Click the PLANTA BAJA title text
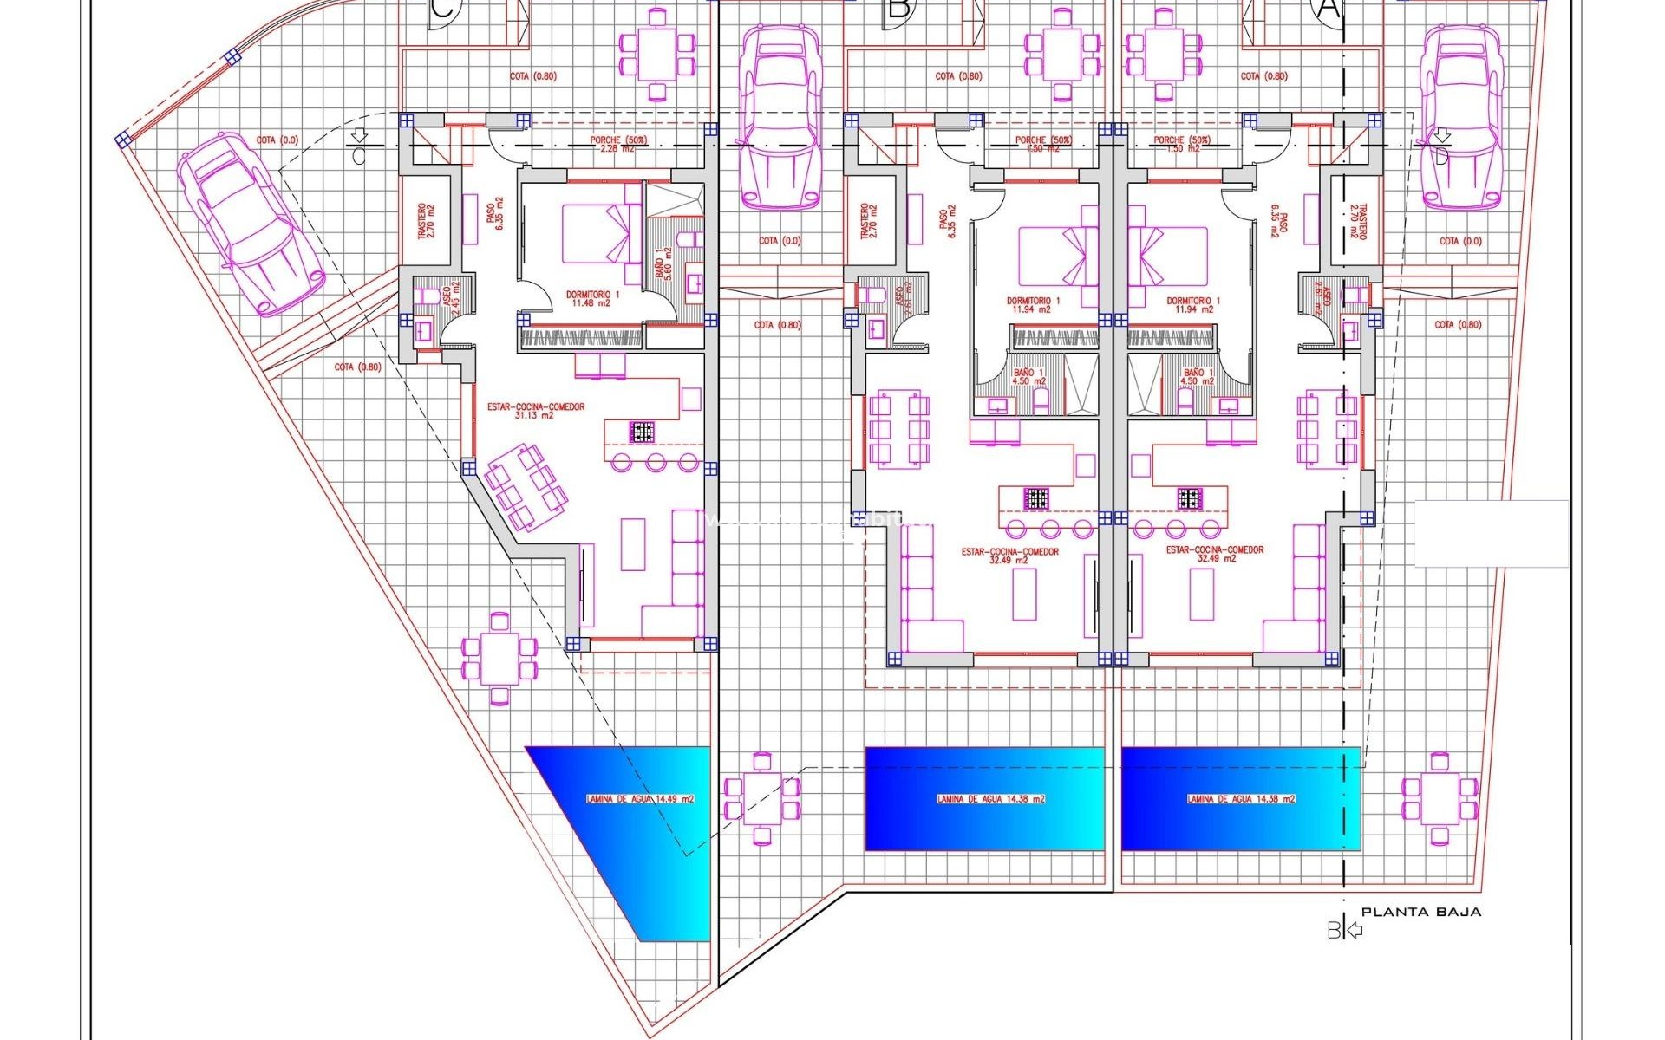point(1420,912)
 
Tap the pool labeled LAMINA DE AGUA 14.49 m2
point(640,799)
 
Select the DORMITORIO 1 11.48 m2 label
point(592,299)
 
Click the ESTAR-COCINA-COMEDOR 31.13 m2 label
point(535,411)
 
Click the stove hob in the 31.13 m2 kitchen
point(642,431)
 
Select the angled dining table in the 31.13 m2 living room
point(526,486)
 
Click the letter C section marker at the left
point(359,157)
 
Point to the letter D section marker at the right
point(1441,157)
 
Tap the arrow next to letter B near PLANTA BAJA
point(1354,930)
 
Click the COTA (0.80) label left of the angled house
point(357,367)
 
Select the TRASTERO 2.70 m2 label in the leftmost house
point(427,221)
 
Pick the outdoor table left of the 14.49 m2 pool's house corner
point(499,658)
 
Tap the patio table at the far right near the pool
point(1440,798)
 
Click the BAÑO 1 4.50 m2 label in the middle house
point(1028,377)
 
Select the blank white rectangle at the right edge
point(1491,533)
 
